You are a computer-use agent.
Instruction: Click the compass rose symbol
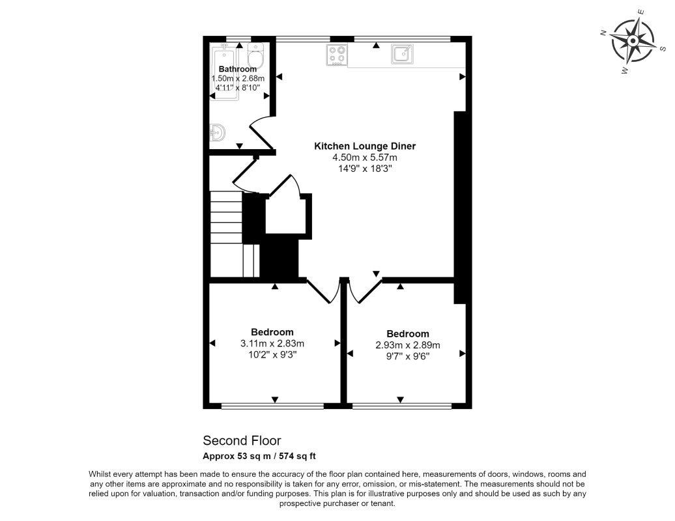tap(633, 41)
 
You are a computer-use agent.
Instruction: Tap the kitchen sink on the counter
tap(402, 54)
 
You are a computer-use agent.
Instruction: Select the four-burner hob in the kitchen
tap(337, 55)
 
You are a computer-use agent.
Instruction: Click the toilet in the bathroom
tap(256, 56)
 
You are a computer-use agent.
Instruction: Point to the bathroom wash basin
tap(217, 133)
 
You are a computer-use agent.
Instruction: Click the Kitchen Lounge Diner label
tap(365, 146)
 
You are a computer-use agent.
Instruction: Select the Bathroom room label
tap(238, 69)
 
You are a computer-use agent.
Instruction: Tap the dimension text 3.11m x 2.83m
tap(272, 343)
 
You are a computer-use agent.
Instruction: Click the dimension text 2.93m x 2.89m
tap(408, 345)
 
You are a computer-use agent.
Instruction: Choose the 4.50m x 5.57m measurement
tap(365, 158)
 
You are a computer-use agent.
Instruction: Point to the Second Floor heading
tap(242, 440)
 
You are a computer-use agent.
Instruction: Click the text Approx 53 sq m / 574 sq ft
tap(259, 456)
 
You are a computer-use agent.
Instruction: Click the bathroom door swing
tap(262, 133)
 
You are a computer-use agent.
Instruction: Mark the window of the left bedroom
tap(272, 406)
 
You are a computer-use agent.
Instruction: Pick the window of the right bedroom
tap(401, 406)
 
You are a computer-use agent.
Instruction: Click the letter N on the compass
tap(603, 33)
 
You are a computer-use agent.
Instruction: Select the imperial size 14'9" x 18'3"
tap(365, 169)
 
